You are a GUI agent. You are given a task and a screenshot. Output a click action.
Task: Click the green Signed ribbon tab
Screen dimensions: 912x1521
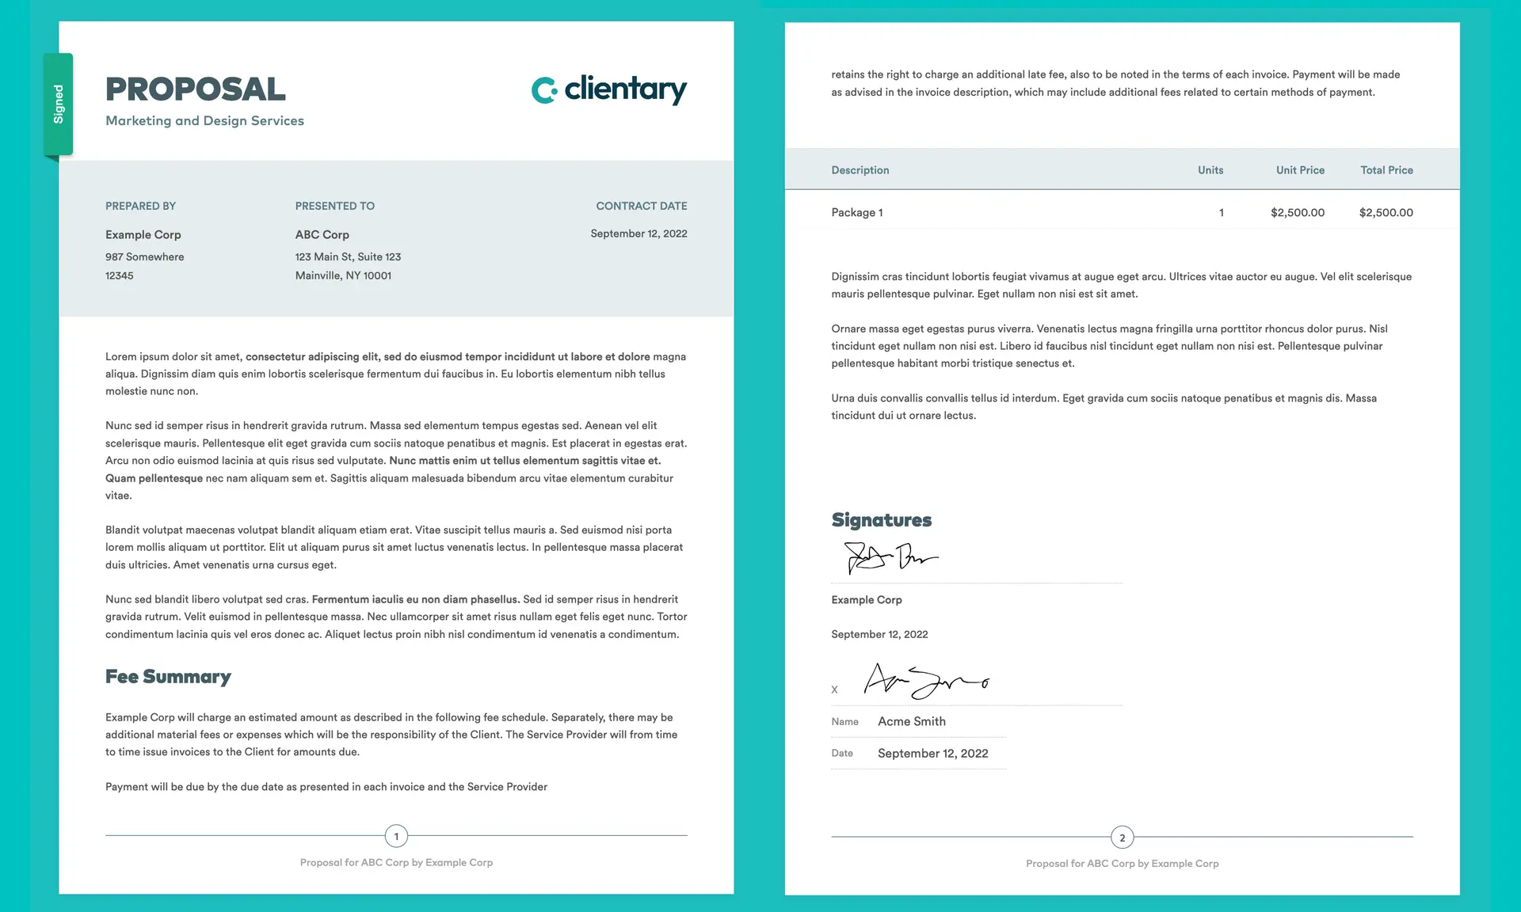click(x=58, y=104)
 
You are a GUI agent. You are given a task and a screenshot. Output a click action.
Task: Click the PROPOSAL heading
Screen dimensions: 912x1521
click(x=195, y=89)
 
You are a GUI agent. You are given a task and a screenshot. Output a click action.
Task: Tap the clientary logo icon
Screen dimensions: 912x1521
click(x=544, y=90)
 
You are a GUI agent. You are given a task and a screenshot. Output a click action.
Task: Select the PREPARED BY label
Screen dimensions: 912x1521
click(x=140, y=206)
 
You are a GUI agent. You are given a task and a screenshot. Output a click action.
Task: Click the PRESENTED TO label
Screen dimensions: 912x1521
click(x=334, y=206)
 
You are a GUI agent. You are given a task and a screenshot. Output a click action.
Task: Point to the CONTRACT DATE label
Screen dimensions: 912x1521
click(x=641, y=206)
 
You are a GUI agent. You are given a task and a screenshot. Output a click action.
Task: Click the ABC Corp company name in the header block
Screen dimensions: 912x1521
click(x=322, y=234)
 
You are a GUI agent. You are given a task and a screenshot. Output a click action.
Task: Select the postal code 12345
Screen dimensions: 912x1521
click(x=120, y=275)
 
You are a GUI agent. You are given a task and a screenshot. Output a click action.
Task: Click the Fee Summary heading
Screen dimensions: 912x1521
click(x=168, y=677)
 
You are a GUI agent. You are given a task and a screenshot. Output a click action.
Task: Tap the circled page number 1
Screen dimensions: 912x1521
click(x=396, y=836)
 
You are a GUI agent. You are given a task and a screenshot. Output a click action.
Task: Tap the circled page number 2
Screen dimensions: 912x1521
click(x=1122, y=838)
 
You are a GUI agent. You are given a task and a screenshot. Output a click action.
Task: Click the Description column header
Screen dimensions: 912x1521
click(x=860, y=170)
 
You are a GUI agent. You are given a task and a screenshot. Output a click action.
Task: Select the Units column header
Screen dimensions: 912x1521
click(x=1210, y=170)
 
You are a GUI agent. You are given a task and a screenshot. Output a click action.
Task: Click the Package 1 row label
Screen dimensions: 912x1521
click(x=856, y=212)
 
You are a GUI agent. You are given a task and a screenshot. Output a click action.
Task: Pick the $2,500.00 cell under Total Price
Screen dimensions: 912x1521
click(x=1386, y=212)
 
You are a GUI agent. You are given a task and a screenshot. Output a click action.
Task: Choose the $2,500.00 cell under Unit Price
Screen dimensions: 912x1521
click(x=1297, y=212)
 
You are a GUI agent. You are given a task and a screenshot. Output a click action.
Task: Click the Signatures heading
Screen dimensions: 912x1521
click(x=881, y=520)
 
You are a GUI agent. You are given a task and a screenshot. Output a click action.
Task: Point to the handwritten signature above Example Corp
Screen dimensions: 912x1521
click(x=890, y=557)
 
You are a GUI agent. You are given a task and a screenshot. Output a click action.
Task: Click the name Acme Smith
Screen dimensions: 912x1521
click(x=911, y=721)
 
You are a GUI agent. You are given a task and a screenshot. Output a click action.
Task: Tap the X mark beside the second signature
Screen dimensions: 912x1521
click(x=834, y=690)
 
